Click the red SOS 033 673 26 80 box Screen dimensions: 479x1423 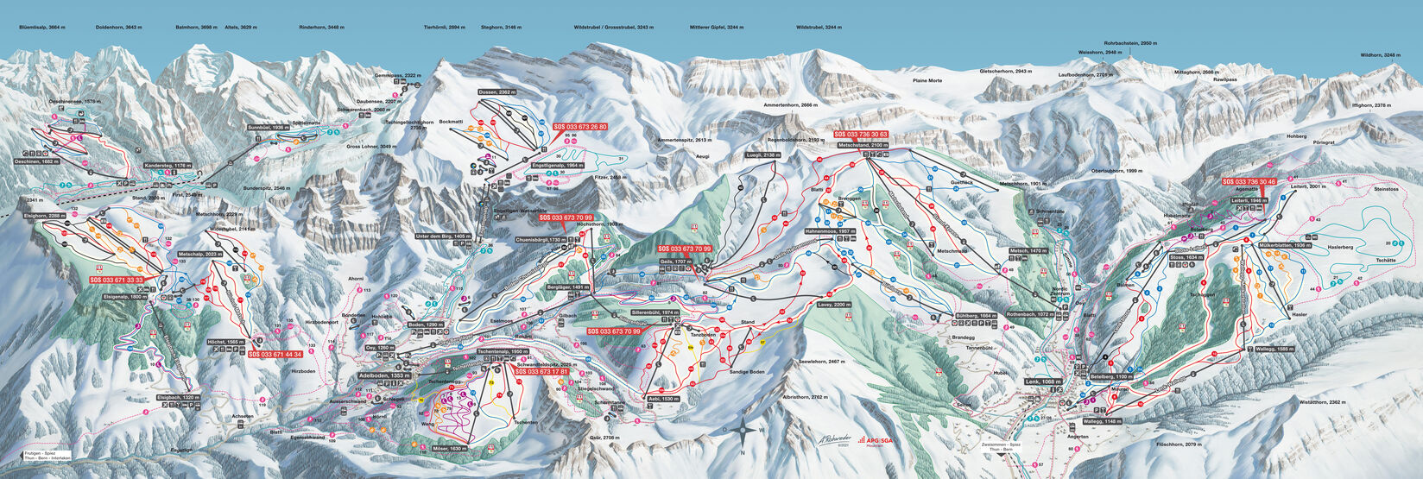(579, 126)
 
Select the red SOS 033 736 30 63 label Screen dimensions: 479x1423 (862, 135)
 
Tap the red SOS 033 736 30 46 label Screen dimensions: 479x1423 (1251, 181)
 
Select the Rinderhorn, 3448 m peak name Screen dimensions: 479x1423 (320, 28)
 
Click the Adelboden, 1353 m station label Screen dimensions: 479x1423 (383, 376)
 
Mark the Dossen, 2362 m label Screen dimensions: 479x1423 (496, 91)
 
